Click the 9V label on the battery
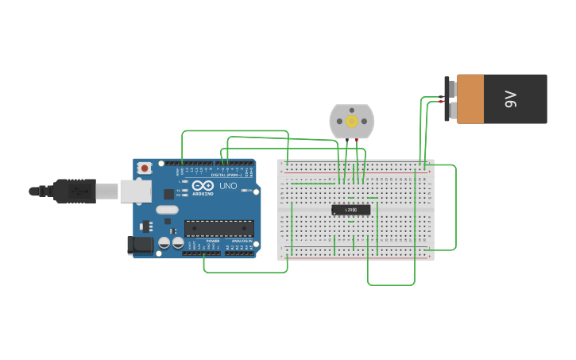click(x=510, y=99)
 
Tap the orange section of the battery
click(x=470, y=99)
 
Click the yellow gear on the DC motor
click(x=352, y=121)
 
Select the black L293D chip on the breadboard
click(x=351, y=210)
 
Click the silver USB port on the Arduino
click(x=135, y=191)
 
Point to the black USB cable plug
click(x=75, y=191)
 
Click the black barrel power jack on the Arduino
click(x=141, y=245)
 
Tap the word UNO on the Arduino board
click(x=228, y=186)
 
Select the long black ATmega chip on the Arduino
click(x=219, y=228)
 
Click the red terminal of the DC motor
click(x=357, y=141)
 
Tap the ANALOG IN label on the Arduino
click(x=240, y=241)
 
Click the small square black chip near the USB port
click(x=169, y=194)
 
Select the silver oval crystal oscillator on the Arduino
click(x=167, y=210)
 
